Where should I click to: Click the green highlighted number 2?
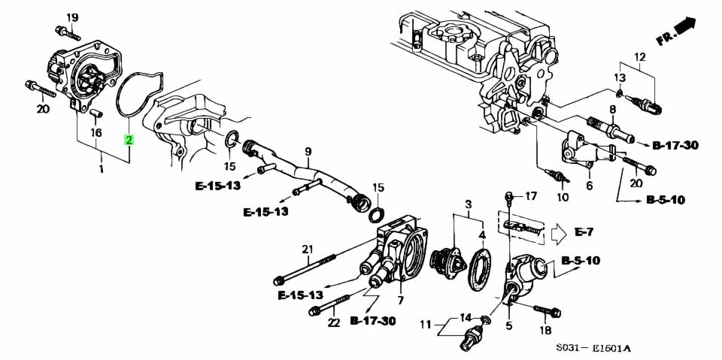pos(129,141)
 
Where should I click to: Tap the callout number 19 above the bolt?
pos(71,17)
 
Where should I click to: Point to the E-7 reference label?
pos(585,232)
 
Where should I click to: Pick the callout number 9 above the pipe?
pos(308,152)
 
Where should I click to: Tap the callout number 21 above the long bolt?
pos(307,249)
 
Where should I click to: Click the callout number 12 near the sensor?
pos(640,57)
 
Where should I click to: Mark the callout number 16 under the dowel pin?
pos(96,133)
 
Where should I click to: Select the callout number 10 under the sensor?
pos(563,198)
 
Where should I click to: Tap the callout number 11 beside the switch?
pos(426,325)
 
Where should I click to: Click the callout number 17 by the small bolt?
pos(531,197)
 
